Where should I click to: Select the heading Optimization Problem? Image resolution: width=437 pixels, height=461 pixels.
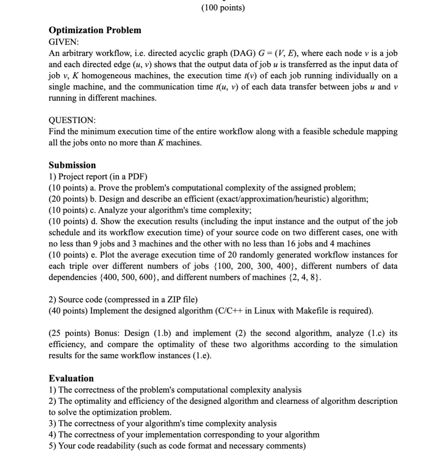95,30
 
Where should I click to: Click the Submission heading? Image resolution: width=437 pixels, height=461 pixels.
72,165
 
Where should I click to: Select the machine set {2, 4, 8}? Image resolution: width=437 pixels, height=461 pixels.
301,277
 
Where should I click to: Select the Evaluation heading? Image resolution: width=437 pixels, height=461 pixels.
71,378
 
